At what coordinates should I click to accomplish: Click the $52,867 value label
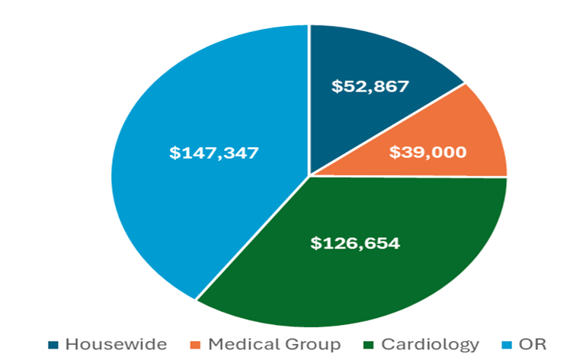(x=370, y=86)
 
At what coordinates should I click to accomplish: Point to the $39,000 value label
(x=428, y=152)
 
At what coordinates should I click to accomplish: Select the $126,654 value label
(x=355, y=243)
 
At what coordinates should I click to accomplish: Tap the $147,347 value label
(x=214, y=153)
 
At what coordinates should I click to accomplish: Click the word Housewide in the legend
(x=116, y=344)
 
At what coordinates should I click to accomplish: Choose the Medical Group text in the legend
(x=274, y=344)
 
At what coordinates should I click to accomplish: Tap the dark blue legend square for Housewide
(x=54, y=345)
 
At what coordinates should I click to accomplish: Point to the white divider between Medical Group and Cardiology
(x=412, y=177)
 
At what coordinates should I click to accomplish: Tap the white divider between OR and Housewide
(x=309, y=99)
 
